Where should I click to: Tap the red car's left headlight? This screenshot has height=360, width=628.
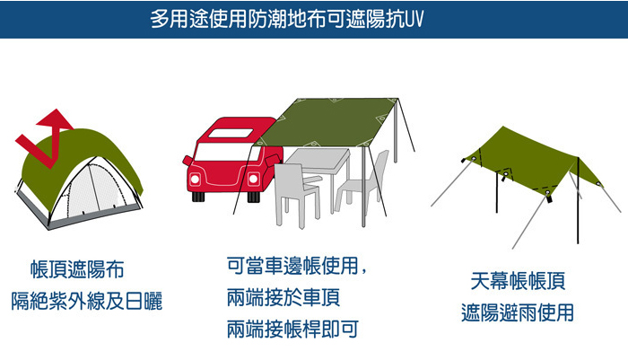coord(195,179)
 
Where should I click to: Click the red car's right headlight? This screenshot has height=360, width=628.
coord(253,179)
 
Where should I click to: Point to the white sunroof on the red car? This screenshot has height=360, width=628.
coord(231,133)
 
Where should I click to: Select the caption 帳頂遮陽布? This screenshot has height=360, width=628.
coord(77,269)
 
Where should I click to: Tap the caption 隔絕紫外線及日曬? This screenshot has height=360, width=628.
coord(86,302)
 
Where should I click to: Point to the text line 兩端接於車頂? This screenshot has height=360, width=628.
coord(283,297)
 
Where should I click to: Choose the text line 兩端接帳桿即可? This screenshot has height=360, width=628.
coord(292,329)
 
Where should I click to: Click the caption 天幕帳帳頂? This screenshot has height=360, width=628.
coord(518,281)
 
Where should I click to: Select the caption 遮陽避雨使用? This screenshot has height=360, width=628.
coord(518,312)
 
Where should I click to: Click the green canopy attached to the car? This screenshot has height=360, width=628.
coord(328,122)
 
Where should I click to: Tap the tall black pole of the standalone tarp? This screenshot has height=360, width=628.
coord(578,200)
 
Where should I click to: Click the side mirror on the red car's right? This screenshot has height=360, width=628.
coord(273,160)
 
